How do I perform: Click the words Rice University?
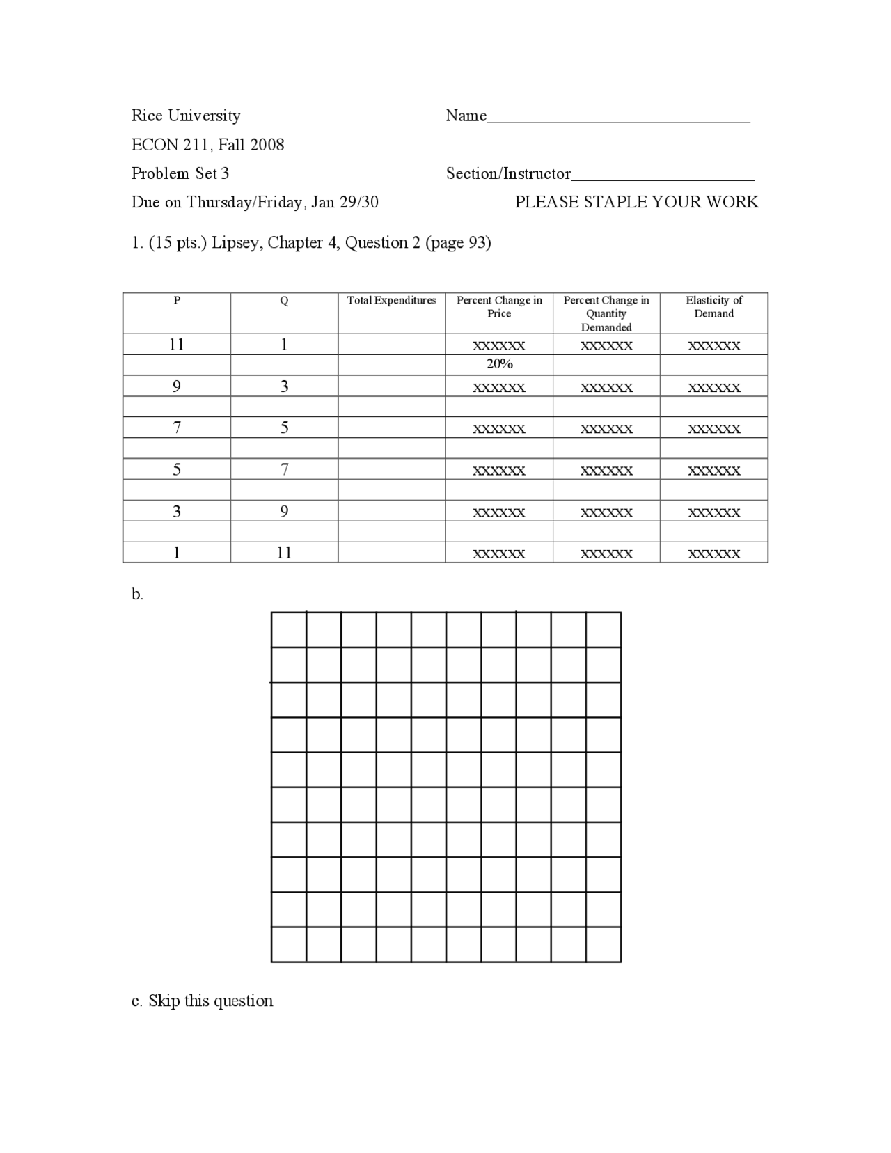click(186, 116)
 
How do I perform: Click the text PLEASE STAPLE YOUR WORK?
click(636, 202)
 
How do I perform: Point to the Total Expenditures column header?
click(391, 301)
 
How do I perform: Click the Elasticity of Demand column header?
click(713, 307)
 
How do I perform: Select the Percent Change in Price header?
click(499, 307)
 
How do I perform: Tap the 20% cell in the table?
click(499, 364)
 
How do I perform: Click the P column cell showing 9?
click(177, 386)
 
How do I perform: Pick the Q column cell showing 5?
click(284, 428)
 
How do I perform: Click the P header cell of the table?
click(177, 301)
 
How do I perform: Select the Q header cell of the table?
click(284, 301)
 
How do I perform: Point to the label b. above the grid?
click(137, 595)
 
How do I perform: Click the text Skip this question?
click(210, 1001)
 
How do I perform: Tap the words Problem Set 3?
click(180, 173)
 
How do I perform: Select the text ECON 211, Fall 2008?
click(207, 145)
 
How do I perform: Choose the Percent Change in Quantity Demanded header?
click(606, 313)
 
